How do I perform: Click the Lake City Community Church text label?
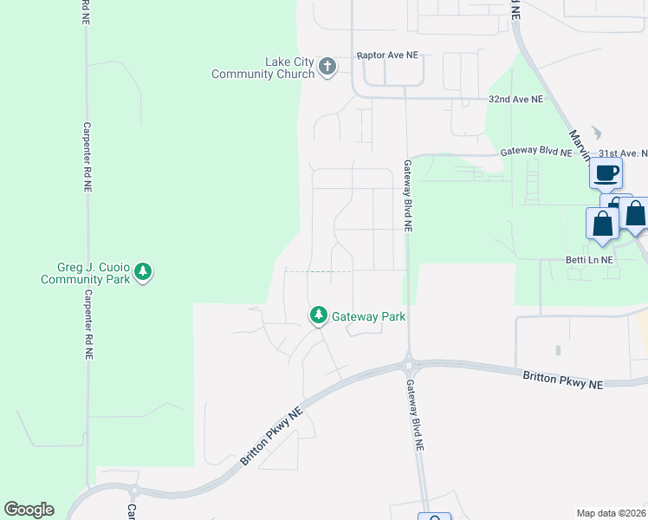tap(263, 68)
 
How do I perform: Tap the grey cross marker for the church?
tap(327, 66)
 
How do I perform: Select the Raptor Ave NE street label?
tap(387, 55)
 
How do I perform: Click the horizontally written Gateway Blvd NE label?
tap(536, 153)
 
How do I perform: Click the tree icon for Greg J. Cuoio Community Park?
tap(143, 272)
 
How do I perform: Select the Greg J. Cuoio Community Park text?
tap(85, 273)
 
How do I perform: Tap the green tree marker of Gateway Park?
tap(319, 315)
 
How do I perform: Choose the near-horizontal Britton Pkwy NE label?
tap(563, 378)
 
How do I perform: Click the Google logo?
tap(29, 510)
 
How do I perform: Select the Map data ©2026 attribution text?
tap(612, 512)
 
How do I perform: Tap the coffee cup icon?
tap(606, 172)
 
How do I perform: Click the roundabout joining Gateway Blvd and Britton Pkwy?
tap(408, 364)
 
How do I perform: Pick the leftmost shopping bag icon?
tap(602, 224)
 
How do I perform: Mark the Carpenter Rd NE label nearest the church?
tap(86, 157)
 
